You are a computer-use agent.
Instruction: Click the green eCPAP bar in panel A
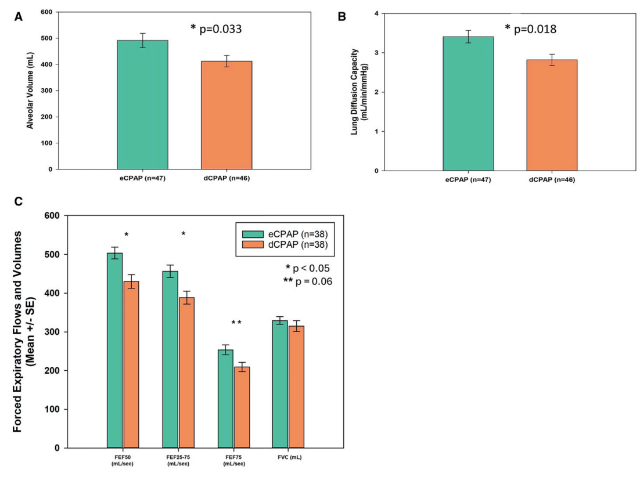pyautogui.click(x=142, y=104)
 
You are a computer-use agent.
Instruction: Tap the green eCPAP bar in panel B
pyautogui.click(x=468, y=104)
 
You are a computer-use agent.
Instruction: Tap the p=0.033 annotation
pyautogui.click(x=216, y=28)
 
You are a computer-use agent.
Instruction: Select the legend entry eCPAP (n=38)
pyautogui.click(x=290, y=233)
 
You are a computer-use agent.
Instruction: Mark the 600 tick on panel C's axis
pyautogui.click(x=53, y=216)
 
